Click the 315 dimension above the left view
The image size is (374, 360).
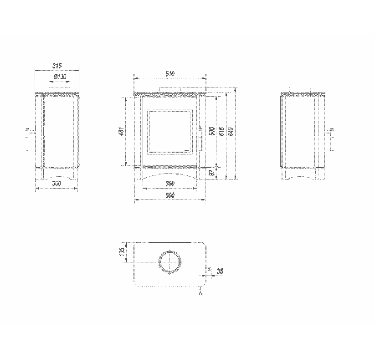click(x=56, y=66)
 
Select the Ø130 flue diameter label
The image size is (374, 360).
click(x=59, y=77)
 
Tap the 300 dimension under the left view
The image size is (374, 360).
click(x=56, y=183)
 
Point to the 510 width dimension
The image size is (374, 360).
click(x=170, y=73)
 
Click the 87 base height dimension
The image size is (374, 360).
click(x=212, y=172)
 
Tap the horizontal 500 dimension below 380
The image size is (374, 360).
click(x=169, y=196)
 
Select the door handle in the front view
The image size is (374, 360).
click(x=200, y=136)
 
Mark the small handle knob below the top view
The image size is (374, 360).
click(x=200, y=293)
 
